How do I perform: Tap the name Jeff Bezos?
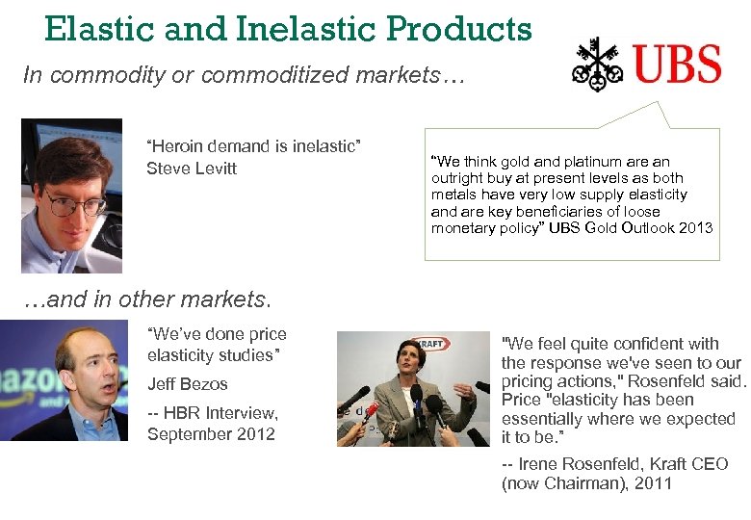click(188, 384)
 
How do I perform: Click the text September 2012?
click(211, 434)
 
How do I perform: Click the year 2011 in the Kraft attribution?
click(652, 483)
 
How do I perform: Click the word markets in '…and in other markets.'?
click(224, 300)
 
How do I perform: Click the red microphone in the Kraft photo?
click(370, 409)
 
